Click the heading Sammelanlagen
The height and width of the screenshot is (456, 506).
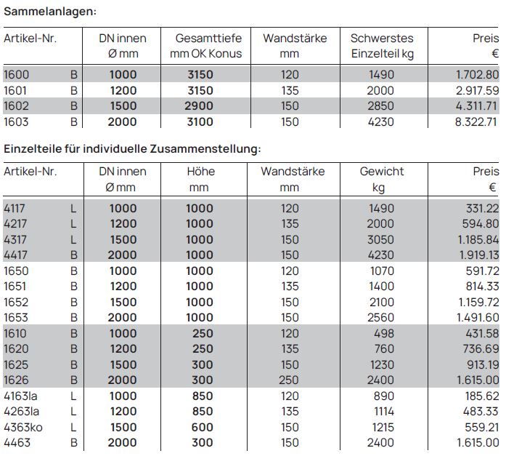click(x=49, y=11)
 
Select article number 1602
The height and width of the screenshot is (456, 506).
click(x=17, y=105)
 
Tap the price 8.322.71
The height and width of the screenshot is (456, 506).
click(x=477, y=121)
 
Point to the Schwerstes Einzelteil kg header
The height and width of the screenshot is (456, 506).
click(x=382, y=46)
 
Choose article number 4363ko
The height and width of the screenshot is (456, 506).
click(x=23, y=427)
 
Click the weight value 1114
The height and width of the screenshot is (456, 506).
click(x=381, y=411)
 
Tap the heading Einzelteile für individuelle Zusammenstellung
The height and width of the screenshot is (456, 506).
click(x=132, y=148)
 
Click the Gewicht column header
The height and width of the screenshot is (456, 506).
click(x=382, y=172)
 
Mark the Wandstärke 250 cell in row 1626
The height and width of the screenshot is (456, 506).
click(x=290, y=380)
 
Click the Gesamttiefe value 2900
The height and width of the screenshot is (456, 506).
click(x=200, y=105)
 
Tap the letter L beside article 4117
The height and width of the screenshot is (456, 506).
click(x=73, y=208)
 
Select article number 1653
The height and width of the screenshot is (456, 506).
click(x=17, y=317)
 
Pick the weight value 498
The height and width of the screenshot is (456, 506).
click(x=381, y=333)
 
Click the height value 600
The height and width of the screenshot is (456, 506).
click(x=203, y=427)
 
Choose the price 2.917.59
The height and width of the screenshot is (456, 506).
click(x=477, y=90)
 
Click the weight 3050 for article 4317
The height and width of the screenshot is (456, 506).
click(x=381, y=239)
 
